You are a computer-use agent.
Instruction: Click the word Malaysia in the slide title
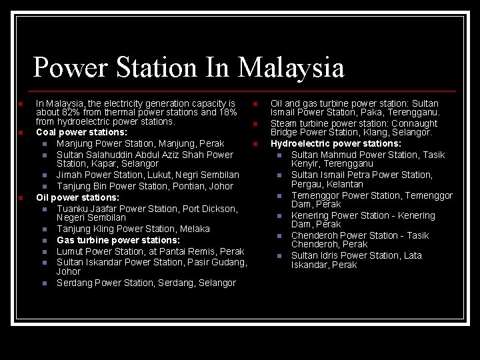(291, 68)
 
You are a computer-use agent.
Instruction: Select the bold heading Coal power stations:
(81, 132)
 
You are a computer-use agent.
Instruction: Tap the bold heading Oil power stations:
(77, 197)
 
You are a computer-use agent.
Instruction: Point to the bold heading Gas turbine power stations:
(118, 240)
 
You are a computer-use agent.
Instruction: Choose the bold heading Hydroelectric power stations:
(335, 143)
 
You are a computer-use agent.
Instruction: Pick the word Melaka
(194, 229)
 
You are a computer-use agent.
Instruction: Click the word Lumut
(70, 251)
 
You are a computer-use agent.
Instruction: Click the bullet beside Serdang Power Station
(45, 283)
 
